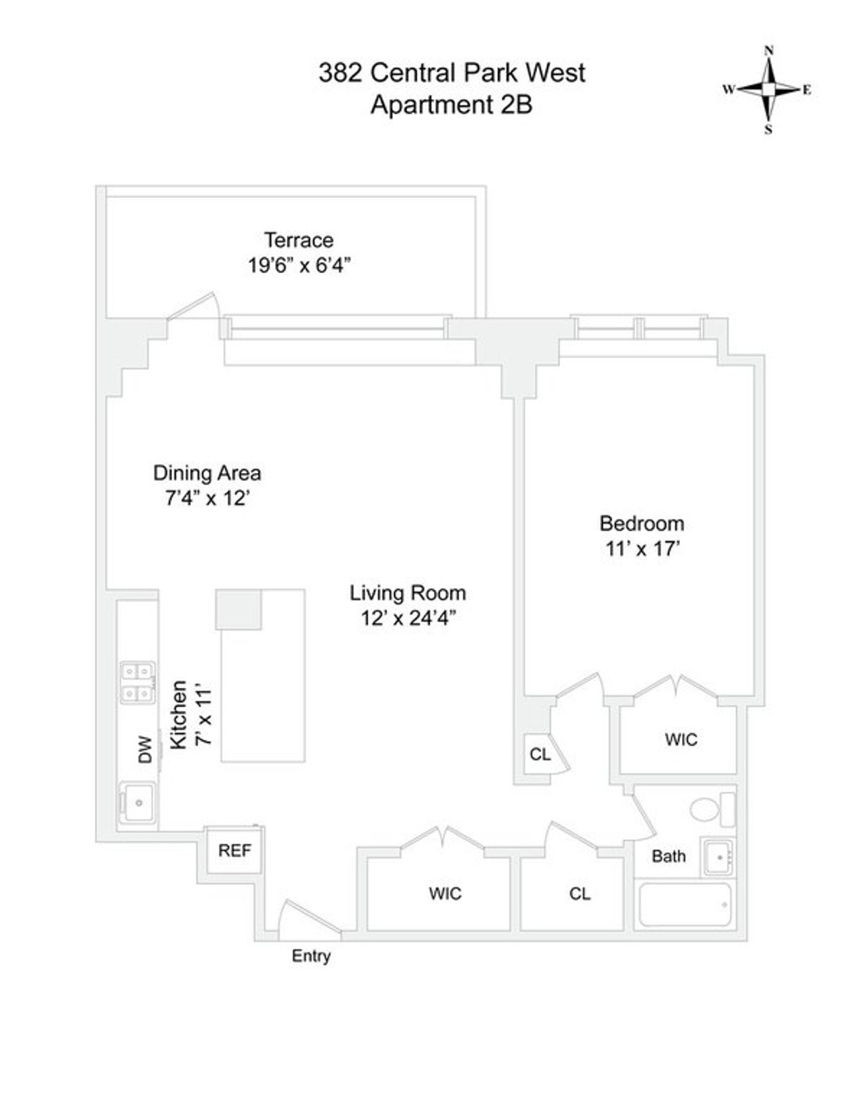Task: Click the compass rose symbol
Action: tap(768, 90)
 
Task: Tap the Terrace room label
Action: tap(299, 239)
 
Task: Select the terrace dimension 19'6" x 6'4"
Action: tap(299, 266)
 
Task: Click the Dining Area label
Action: tap(207, 473)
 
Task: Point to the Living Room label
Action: tap(408, 593)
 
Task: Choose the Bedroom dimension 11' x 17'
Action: tap(641, 549)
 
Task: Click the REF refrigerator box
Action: tap(234, 851)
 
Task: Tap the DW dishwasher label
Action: tap(146, 750)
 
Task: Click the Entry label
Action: tap(311, 956)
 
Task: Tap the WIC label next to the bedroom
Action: tap(681, 739)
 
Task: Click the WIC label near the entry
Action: tap(445, 893)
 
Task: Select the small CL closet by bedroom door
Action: tap(540, 754)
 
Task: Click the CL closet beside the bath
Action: tap(580, 893)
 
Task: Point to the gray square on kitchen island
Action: tap(239, 609)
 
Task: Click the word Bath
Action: tap(668, 856)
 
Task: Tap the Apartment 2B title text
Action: tap(451, 105)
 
